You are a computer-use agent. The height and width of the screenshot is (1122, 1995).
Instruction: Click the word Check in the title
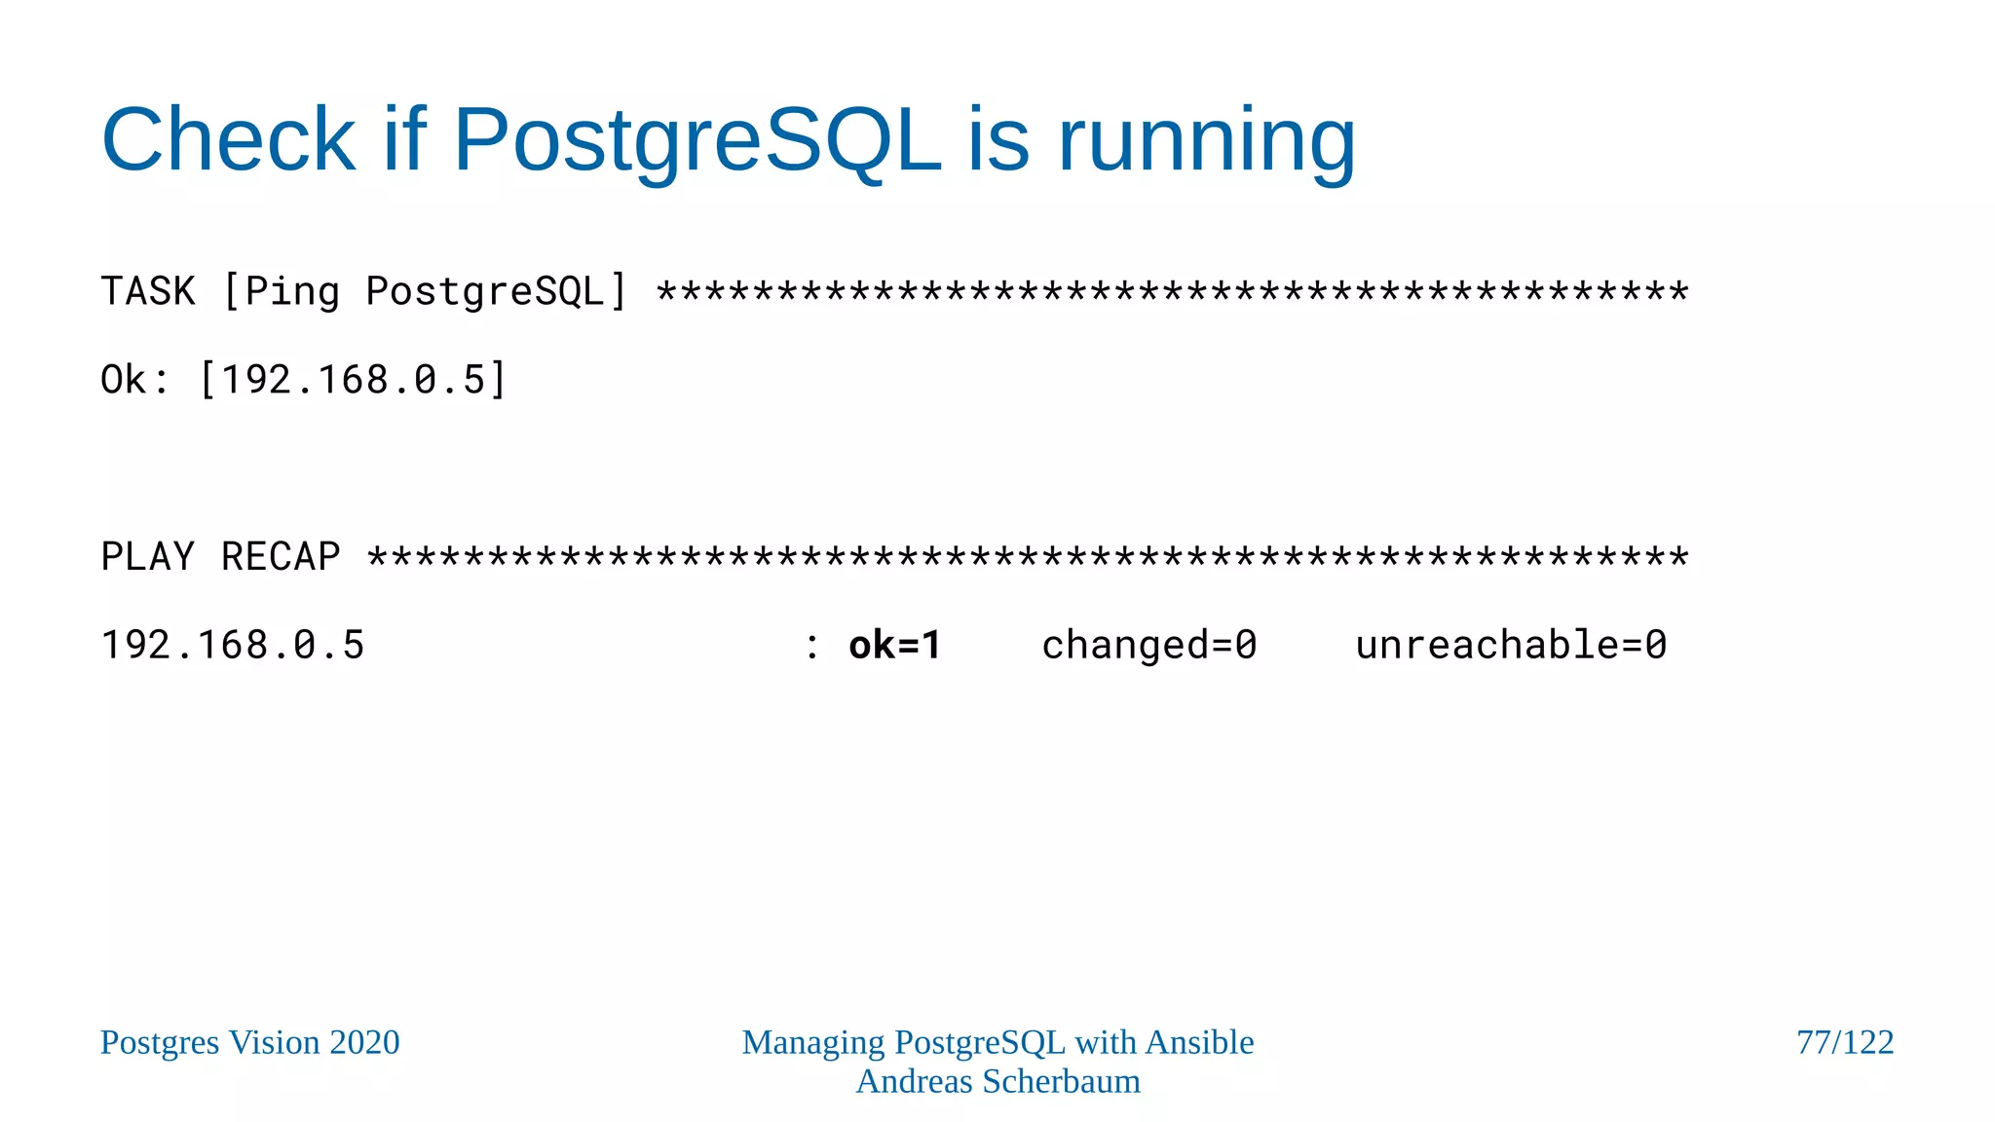[x=229, y=139]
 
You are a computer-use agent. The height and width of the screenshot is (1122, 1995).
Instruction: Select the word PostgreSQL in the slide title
[x=697, y=139]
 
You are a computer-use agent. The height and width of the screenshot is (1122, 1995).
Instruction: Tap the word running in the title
[x=1207, y=139]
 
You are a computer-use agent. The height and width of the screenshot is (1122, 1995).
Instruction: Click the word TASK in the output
[x=148, y=291]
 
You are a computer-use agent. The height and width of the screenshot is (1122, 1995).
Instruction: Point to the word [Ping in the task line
[x=282, y=291]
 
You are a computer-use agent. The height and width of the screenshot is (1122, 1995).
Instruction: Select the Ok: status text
[x=135, y=380]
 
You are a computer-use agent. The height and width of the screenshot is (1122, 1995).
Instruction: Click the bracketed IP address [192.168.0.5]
[x=353, y=380]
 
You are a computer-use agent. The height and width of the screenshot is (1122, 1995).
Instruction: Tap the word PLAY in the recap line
[x=148, y=557]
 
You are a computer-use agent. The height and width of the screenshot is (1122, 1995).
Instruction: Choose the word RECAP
[x=281, y=557]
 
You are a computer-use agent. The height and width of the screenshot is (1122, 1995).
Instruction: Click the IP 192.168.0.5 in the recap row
[x=233, y=646]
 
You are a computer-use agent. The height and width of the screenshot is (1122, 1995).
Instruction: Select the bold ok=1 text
[x=894, y=646]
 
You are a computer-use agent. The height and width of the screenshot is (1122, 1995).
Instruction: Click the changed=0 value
[x=1149, y=646]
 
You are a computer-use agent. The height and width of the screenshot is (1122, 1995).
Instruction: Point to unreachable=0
[x=1511, y=646]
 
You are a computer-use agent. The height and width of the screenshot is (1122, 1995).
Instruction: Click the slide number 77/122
[x=1845, y=1043]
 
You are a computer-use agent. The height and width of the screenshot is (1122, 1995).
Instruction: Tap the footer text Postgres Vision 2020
[x=250, y=1043]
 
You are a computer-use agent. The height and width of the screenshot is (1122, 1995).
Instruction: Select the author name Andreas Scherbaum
[x=997, y=1082]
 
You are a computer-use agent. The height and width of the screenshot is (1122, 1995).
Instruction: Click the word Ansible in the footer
[x=1199, y=1043]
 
